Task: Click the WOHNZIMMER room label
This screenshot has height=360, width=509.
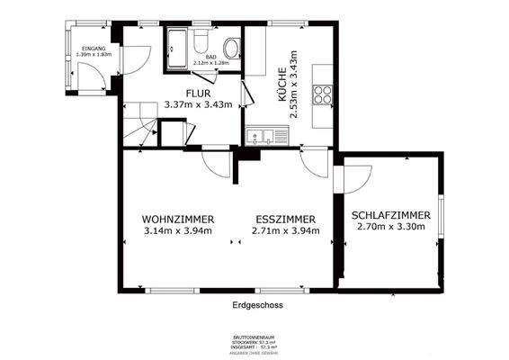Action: tap(177, 219)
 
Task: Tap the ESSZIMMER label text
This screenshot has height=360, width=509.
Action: tap(285, 219)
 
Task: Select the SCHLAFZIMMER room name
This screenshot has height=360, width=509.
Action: tap(390, 216)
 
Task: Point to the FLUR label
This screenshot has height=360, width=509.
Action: tap(199, 93)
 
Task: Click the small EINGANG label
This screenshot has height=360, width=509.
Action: tap(94, 48)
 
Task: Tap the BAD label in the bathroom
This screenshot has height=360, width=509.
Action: tap(210, 57)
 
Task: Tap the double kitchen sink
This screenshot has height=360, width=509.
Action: tap(263, 138)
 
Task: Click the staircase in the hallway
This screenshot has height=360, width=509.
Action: tap(139, 131)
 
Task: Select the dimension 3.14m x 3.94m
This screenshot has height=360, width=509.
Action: tap(177, 231)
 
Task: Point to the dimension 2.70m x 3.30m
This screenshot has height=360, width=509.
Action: tap(390, 229)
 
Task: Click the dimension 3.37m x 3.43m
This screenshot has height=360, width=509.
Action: tap(199, 104)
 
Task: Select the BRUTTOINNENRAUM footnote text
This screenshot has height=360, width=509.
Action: tap(254, 339)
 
